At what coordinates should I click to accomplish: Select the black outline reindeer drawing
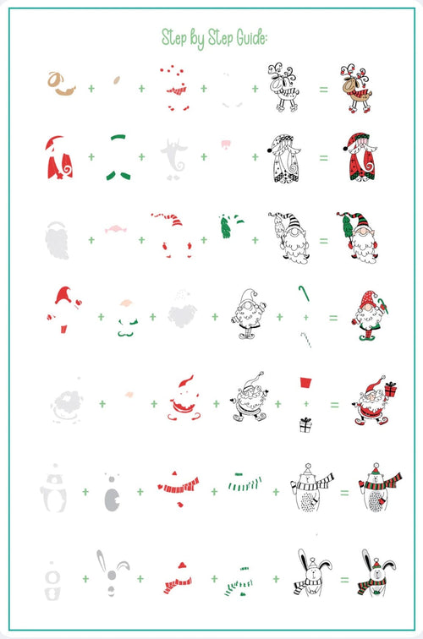pos(283,87)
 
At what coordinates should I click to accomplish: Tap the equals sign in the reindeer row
pos(323,89)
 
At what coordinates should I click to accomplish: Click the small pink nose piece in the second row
pos(226,144)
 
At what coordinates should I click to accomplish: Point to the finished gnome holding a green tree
pos(357,237)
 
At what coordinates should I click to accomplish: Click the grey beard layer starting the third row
pos(58,240)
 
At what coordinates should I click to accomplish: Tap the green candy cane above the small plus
pos(305,292)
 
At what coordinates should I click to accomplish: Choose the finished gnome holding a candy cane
pos(369,315)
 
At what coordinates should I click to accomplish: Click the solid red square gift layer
pos(306,382)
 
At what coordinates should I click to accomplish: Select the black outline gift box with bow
pos(305,425)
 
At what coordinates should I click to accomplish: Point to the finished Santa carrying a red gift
pos(375,401)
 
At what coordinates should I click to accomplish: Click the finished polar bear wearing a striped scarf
pos(379,488)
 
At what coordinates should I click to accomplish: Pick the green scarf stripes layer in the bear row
pos(244,483)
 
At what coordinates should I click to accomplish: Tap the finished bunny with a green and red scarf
pos(377,573)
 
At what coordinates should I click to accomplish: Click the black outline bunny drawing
pos(312,572)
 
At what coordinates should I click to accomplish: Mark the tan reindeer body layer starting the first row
pos(61,84)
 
